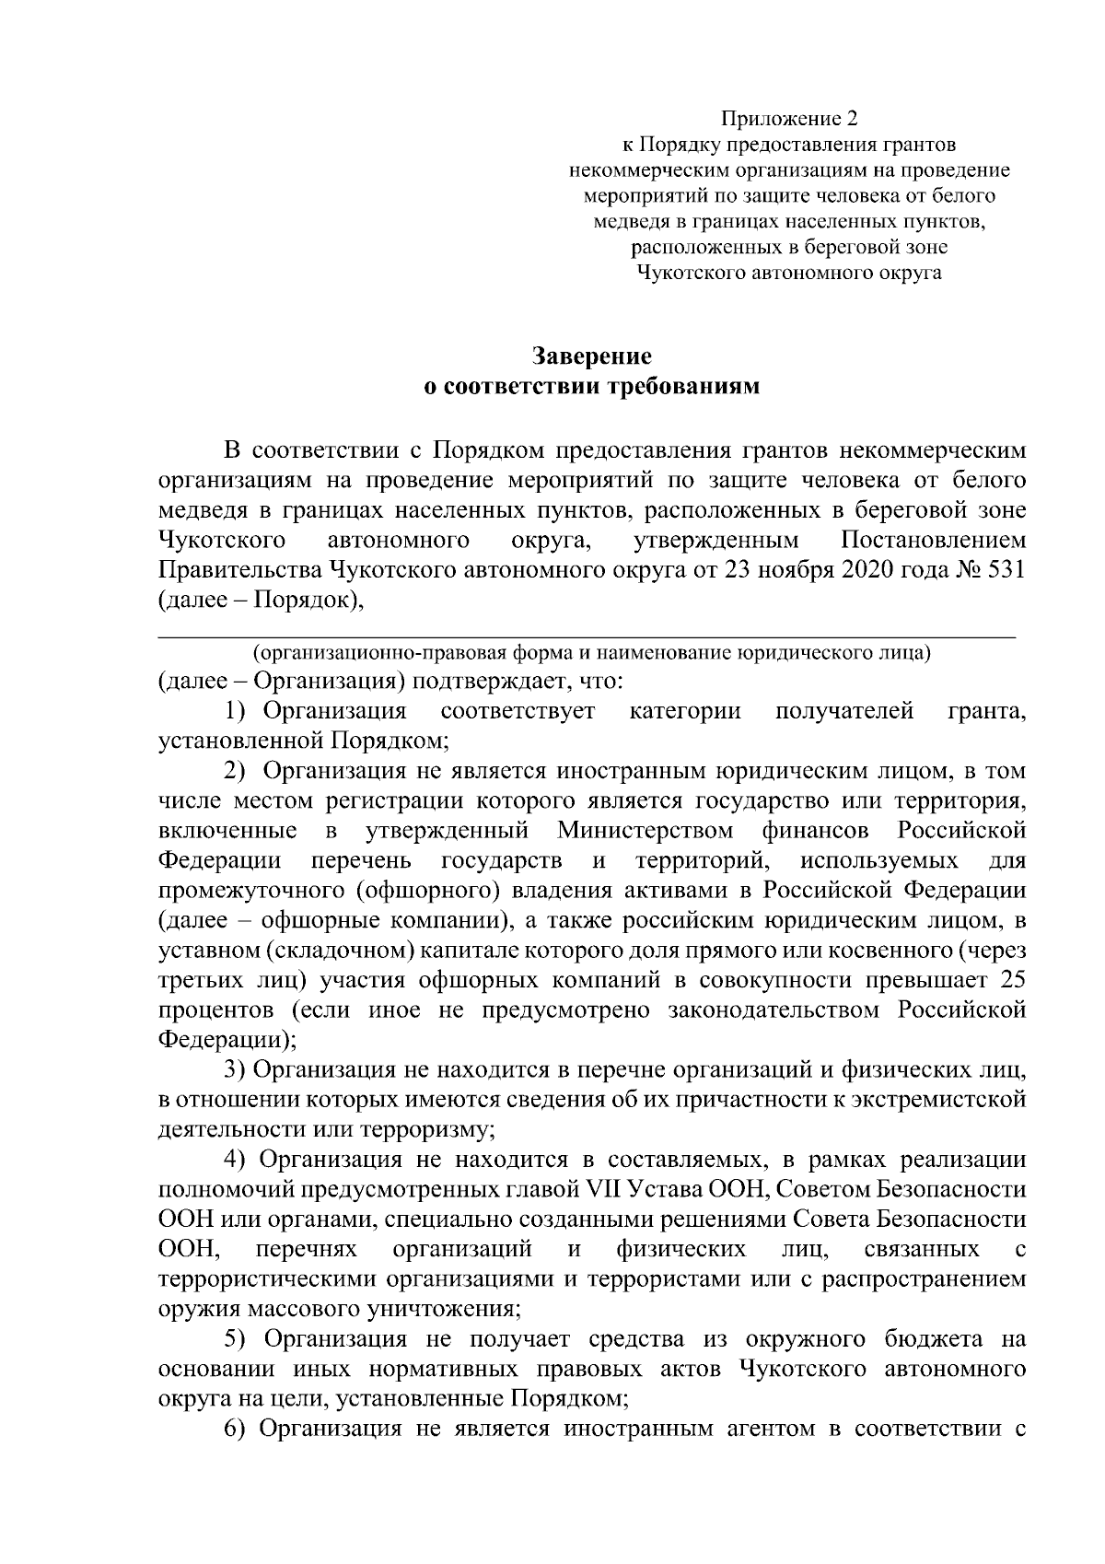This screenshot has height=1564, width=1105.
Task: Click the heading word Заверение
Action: [592, 356]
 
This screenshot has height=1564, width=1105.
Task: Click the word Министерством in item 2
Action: [645, 831]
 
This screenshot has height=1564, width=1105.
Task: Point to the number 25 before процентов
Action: [1012, 980]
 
